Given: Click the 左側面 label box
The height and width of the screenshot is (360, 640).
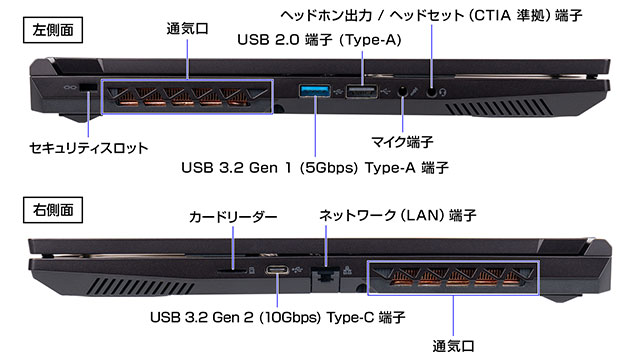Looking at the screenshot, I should coord(50,29).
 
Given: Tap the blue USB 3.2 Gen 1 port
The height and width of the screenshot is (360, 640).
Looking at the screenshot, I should coord(315,93).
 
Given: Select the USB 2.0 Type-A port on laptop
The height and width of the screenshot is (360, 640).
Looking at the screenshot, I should coord(361,93).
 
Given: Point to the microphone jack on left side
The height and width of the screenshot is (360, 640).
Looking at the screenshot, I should coord(403,90).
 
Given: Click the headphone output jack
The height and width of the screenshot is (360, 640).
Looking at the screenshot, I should coord(433,90).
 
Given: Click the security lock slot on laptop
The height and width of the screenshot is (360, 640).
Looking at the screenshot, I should coord(87,89).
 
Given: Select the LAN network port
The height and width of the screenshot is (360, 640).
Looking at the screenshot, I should coord(326,271).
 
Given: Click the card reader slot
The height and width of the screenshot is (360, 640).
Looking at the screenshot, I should coord(232,269).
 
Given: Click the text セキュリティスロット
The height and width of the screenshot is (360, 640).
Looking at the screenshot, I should coord(89,148).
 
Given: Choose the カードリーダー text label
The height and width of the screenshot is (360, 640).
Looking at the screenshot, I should coord(233,216).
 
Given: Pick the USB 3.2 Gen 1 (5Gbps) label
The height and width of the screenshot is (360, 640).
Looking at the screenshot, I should coord(314,167).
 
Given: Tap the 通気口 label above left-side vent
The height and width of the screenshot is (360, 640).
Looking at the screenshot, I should coord(188,29).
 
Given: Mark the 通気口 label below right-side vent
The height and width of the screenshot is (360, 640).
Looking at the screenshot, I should coord(454,346).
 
